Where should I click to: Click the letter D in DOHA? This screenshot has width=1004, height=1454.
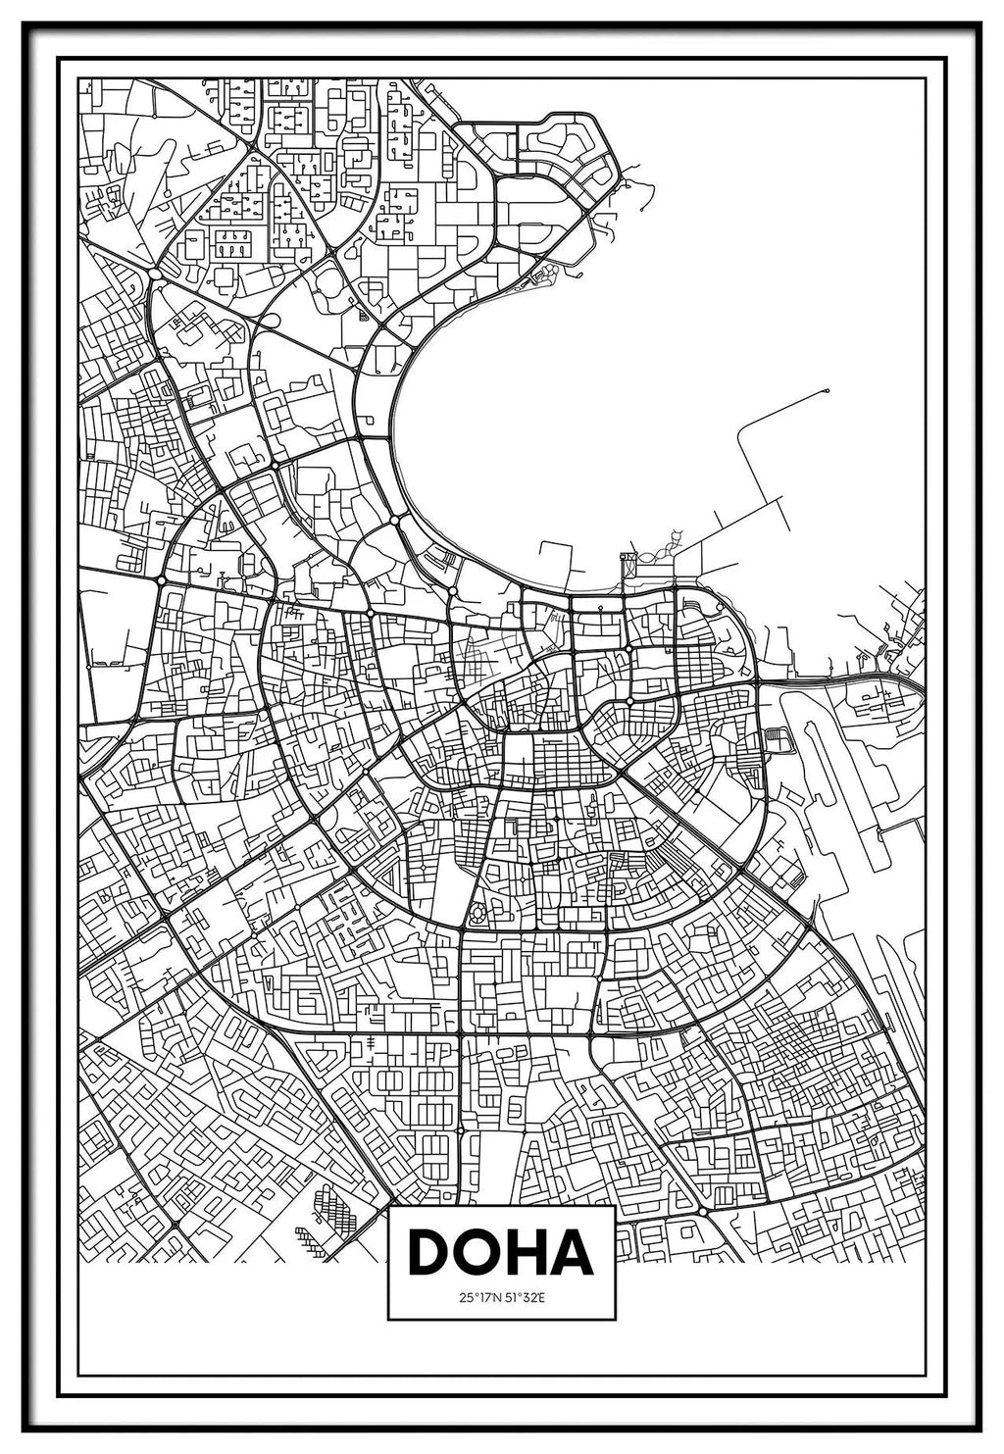point(428,1252)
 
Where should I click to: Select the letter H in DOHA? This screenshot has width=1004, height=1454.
point(529,1252)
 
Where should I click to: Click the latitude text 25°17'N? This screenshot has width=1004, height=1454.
point(477,1298)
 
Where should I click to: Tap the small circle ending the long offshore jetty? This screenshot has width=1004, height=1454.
point(828,391)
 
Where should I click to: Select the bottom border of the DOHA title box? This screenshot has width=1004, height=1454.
point(501,1319)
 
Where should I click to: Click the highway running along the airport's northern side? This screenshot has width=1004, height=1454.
point(843,677)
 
